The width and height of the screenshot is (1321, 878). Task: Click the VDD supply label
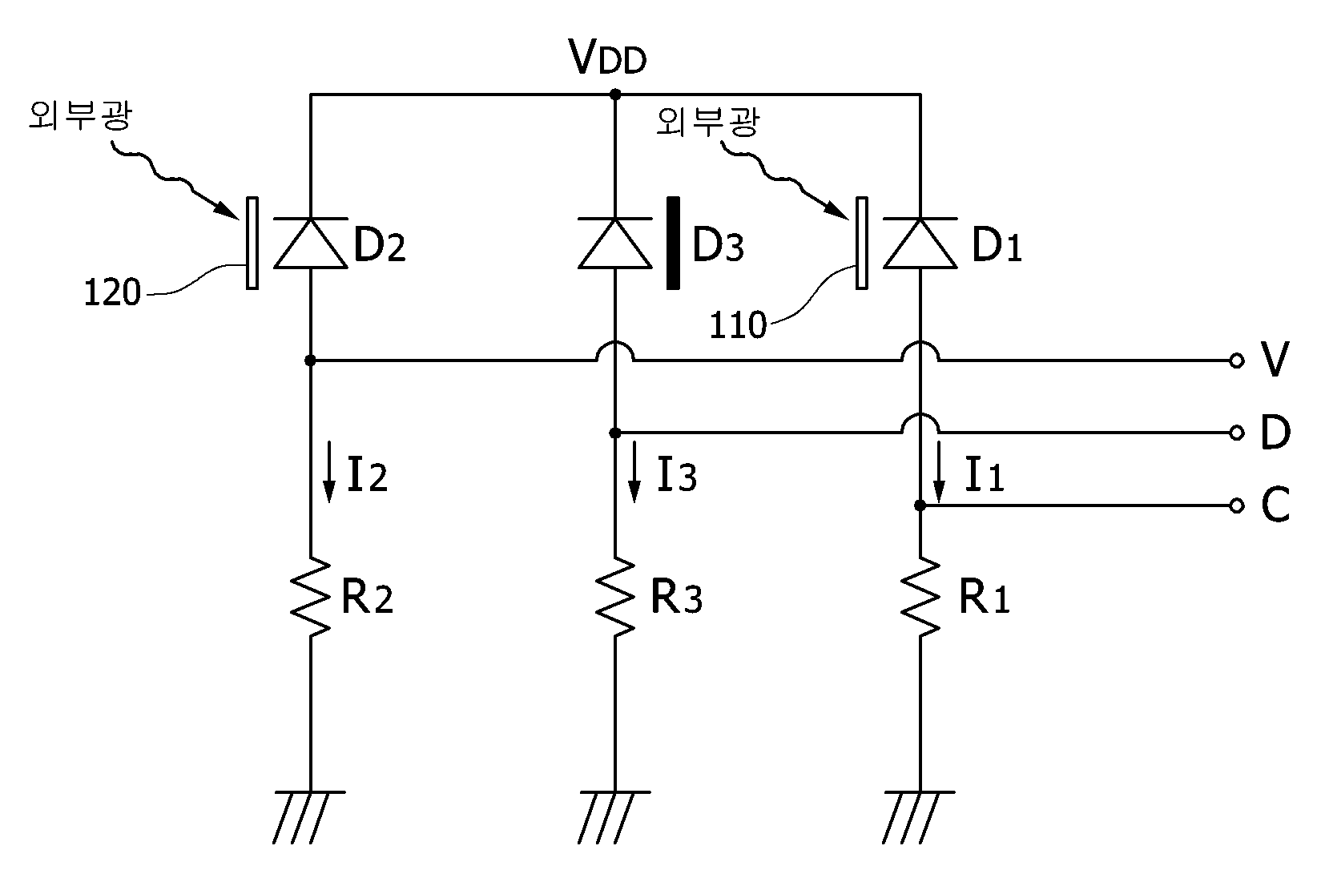point(607,57)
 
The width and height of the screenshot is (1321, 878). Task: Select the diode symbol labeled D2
point(310,243)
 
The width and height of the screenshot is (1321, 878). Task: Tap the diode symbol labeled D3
point(615,243)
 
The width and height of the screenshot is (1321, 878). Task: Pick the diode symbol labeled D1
point(920,243)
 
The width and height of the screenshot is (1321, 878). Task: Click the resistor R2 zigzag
point(310,597)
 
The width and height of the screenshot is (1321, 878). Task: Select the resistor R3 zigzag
point(615,597)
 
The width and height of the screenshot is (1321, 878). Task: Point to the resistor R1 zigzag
point(920,597)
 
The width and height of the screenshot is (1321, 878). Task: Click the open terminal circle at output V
point(1237,360)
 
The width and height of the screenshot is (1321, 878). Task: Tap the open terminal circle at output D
point(1237,433)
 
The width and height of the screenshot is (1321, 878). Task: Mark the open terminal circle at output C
point(1237,505)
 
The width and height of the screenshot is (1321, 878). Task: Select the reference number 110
point(738,325)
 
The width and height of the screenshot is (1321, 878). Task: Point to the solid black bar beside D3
point(673,243)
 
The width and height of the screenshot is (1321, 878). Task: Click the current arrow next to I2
point(330,472)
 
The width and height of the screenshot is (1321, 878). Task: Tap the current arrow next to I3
point(634,472)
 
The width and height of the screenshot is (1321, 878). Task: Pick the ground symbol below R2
point(309,817)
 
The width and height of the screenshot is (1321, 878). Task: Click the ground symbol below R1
point(920,817)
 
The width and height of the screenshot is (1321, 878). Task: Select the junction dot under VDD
point(615,95)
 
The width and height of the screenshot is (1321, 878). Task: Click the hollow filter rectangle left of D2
point(252,243)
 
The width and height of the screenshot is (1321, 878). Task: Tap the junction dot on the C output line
point(920,505)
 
